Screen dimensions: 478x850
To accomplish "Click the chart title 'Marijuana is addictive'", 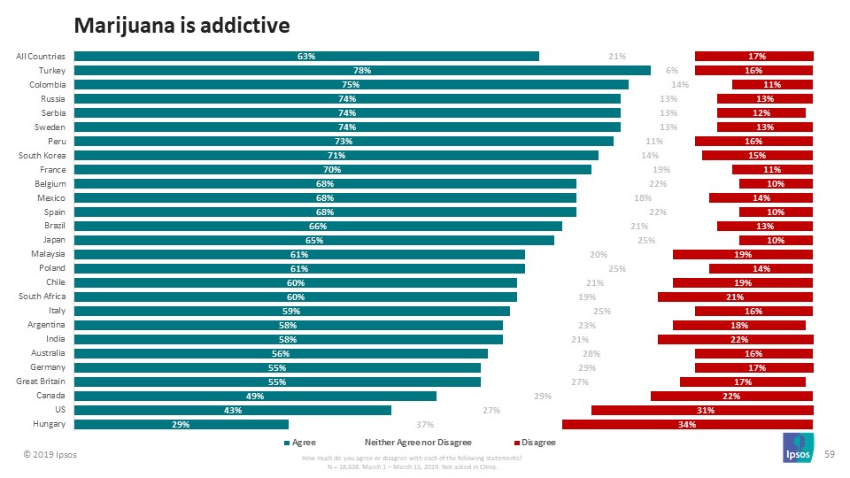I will (x=182, y=26).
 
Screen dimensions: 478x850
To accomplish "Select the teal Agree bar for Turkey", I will (x=362, y=70).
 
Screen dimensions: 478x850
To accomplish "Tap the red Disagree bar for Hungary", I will (x=687, y=424).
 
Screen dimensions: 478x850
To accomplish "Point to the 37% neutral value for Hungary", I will (x=424, y=424).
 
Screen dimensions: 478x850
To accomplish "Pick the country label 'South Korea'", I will (x=42, y=155).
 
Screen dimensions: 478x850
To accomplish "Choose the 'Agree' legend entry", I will (x=300, y=442).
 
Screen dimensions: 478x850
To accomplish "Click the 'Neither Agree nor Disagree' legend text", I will (x=418, y=442).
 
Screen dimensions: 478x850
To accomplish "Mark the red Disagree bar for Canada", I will (x=731, y=396).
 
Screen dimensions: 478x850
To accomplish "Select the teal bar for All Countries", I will (x=306, y=56).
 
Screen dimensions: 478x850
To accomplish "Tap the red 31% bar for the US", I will (x=702, y=410).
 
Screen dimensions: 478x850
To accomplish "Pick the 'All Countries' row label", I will (x=39, y=56).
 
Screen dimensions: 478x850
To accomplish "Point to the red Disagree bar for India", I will (x=735, y=339).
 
